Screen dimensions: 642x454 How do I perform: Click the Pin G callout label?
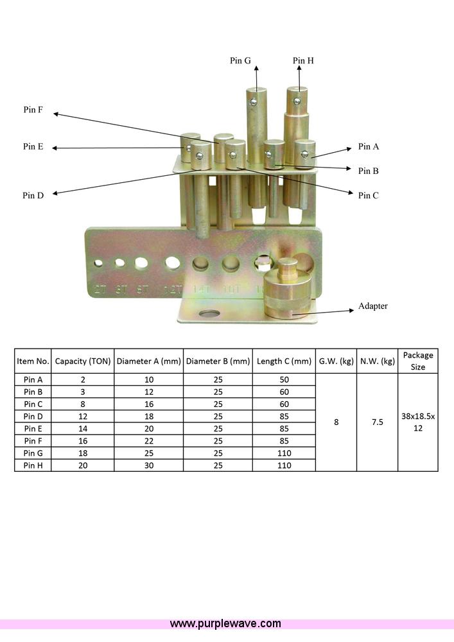[x=240, y=60]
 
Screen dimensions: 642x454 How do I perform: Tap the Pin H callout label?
[x=303, y=60]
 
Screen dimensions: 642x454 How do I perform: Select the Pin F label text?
[x=33, y=110]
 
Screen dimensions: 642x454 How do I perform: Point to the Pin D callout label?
[x=33, y=195]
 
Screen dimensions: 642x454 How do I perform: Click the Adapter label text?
[x=372, y=306]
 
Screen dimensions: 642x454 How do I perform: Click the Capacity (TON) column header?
[x=82, y=361]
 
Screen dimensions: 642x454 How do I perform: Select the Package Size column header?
[x=418, y=361]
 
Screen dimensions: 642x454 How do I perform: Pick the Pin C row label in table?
[x=33, y=404]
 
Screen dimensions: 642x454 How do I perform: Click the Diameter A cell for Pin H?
[x=148, y=465]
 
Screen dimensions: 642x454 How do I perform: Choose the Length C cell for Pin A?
[x=284, y=379]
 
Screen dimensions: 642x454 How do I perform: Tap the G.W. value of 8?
[x=336, y=422]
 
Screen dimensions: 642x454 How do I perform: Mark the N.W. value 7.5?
[x=377, y=422]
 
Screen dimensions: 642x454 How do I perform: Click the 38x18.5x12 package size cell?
[x=418, y=422]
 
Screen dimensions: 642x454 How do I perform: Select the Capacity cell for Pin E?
[x=82, y=429]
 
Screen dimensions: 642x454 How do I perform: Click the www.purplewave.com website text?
[x=225, y=623]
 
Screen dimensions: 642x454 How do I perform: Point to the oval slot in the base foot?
[x=208, y=314]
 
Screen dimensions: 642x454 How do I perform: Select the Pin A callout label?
[x=369, y=146]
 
